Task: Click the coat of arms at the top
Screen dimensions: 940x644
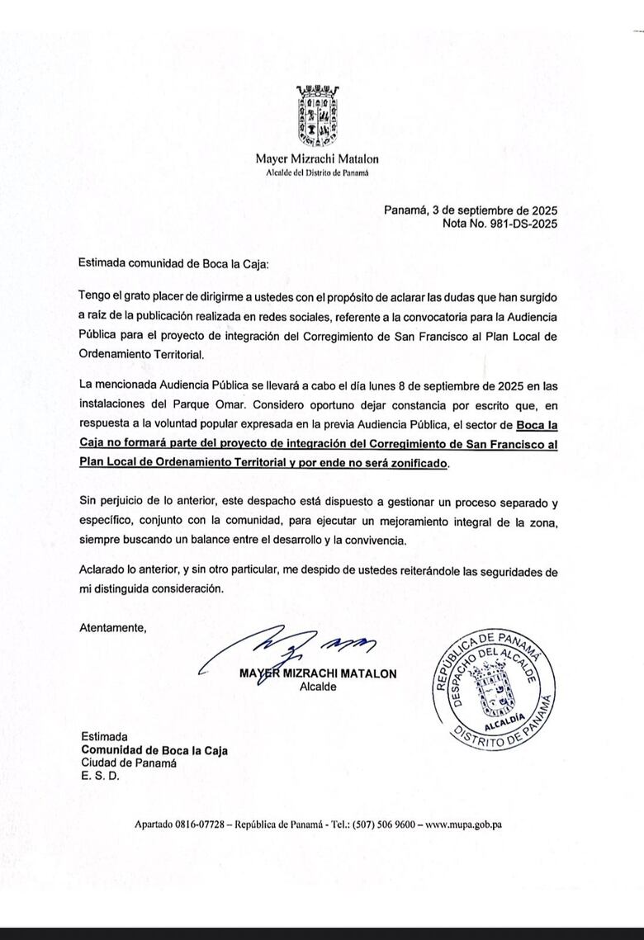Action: tap(318, 116)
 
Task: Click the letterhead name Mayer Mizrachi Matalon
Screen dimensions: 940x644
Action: tap(317, 159)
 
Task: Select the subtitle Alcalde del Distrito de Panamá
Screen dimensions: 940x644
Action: tap(317, 172)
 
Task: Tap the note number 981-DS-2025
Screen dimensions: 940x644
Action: tap(519, 224)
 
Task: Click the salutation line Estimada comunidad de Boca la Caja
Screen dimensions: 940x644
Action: tap(174, 264)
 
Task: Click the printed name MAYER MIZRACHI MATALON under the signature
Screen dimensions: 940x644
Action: tap(318, 673)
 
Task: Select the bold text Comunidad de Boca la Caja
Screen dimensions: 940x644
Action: tap(154, 750)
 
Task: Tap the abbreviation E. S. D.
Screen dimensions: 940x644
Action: tap(100, 777)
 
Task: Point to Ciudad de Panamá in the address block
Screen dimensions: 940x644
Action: tap(129, 763)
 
